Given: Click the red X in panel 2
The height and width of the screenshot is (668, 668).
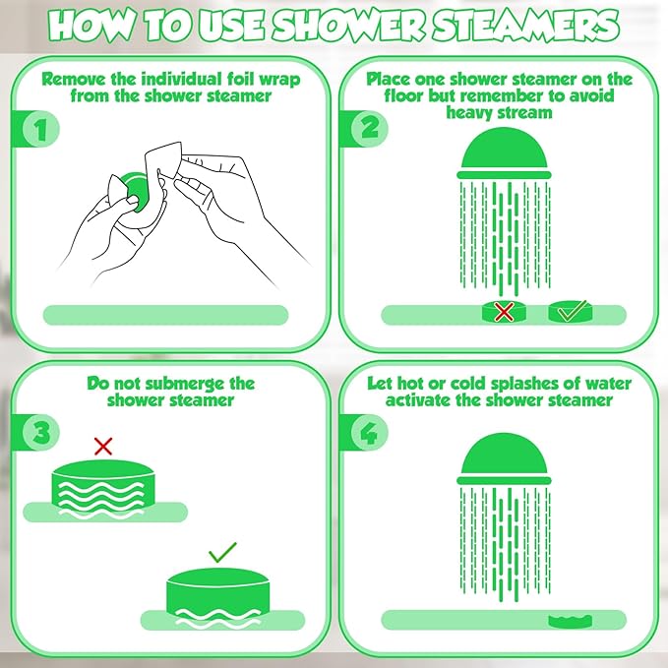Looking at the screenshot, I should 504,313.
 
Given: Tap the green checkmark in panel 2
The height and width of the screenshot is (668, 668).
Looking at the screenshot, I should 570,313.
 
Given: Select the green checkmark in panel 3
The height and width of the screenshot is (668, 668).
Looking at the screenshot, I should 222,553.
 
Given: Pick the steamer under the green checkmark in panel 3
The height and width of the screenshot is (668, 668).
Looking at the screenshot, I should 222,597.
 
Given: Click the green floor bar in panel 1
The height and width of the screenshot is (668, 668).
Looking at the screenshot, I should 165,315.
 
